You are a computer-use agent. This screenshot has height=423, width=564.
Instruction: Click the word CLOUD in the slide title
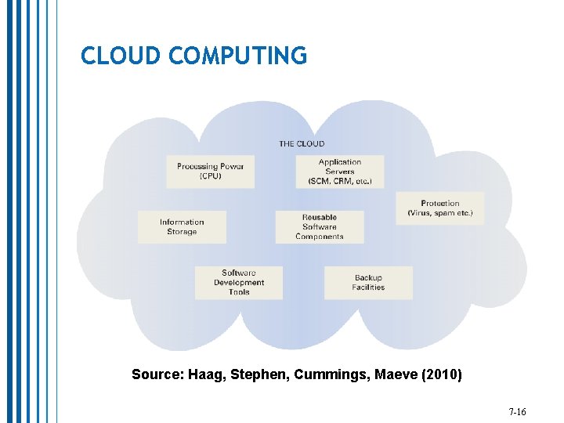click(x=121, y=56)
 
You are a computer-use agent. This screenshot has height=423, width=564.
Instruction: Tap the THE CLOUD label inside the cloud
click(x=302, y=143)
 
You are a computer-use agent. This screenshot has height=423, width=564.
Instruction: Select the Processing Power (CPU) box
click(x=210, y=171)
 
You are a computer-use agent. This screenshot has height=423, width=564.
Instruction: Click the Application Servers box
click(x=340, y=172)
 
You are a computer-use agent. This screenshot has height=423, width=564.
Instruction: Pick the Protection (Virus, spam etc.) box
click(x=439, y=208)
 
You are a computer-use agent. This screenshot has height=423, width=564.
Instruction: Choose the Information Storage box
click(x=182, y=226)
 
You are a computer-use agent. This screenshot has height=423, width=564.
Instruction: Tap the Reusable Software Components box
click(x=319, y=226)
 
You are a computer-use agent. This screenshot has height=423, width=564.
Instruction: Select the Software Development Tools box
click(x=239, y=282)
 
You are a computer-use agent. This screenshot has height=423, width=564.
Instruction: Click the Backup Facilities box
click(x=368, y=282)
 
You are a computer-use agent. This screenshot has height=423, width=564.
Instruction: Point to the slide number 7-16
click(x=517, y=411)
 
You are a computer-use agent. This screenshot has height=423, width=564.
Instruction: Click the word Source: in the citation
click(x=155, y=375)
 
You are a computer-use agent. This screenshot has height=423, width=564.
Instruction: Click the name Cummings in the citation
click(x=332, y=375)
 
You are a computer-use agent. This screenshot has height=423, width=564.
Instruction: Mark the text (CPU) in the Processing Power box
click(x=210, y=176)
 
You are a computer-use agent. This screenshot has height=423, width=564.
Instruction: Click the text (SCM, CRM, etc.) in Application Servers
click(x=340, y=182)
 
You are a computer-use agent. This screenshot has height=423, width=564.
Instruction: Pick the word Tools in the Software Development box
click(x=239, y=292)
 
